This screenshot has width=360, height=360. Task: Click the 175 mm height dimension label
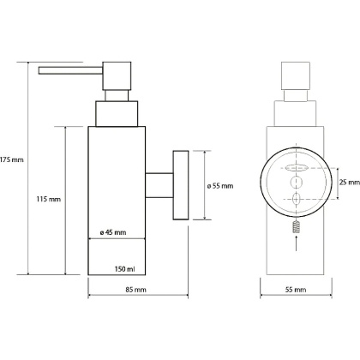(x=12, y=159)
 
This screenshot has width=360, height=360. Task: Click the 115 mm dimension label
(x=49, y=199)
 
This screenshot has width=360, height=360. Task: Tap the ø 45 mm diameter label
(x=113, y=232)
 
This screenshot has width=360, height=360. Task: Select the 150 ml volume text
(x=124, y=269)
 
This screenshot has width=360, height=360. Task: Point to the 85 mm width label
(x=136, y=290)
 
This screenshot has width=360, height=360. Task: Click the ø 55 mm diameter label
(x=220, y=186)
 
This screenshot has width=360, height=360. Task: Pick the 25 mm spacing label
(x=350, y=182)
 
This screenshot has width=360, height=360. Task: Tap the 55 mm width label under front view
(x=296, y=290)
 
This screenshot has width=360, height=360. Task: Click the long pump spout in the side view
(x=70, y=70)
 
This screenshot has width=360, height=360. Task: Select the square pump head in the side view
(x=117, y=76)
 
